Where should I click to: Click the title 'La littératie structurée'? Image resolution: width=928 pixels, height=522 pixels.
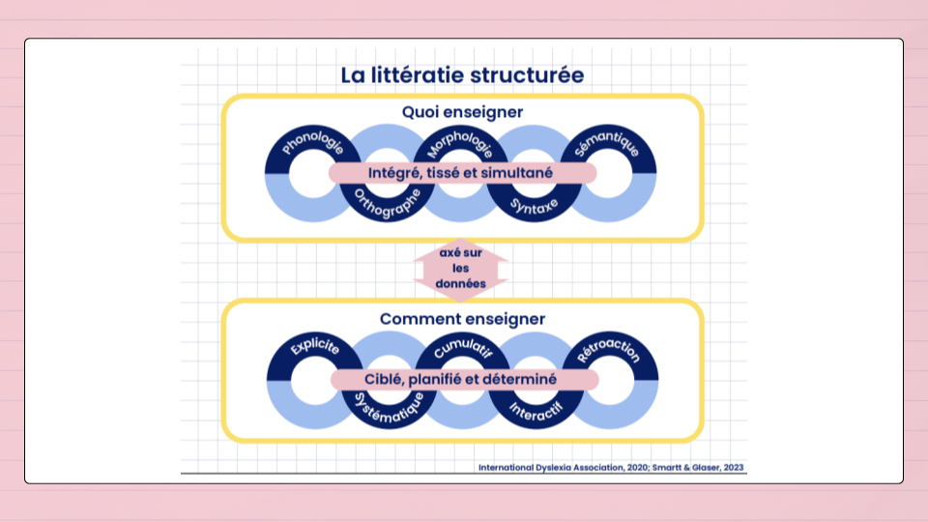[462, 74]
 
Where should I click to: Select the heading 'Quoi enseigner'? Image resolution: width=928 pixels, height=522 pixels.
[462, 112]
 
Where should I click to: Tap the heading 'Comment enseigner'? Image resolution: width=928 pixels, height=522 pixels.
[462, 318]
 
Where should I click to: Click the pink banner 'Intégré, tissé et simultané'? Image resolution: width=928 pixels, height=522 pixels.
[462, 173]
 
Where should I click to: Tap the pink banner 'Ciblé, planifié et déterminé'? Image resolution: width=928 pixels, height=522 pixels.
[462, 380]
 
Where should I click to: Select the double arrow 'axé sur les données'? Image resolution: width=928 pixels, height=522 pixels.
[461, 269]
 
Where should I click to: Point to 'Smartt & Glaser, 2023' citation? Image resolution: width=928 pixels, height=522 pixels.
[697, 468]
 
